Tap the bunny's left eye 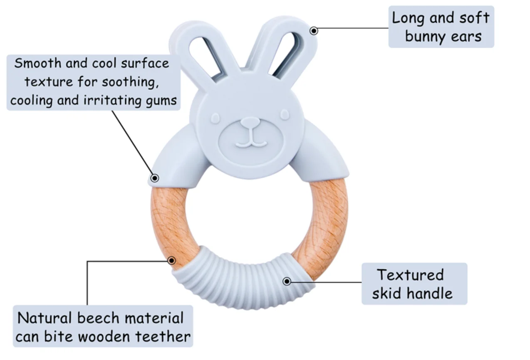point(215,118)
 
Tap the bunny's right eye point(285,114)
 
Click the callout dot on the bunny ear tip point(314,30)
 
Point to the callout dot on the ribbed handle point(287,281)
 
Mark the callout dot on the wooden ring point(171,261)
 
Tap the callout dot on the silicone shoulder point(154,178)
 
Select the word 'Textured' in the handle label point(410,275)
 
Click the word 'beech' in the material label point(98,318)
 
